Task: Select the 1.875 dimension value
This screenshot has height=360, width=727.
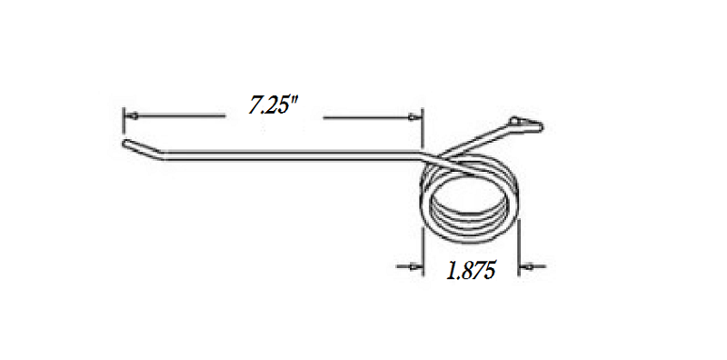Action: [470, 271]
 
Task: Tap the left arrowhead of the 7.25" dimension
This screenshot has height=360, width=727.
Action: [129, 116]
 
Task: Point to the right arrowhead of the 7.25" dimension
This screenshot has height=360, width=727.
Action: [416, 116]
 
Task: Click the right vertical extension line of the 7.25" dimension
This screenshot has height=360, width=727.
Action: [423, 127]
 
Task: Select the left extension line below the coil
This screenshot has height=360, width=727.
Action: [424, 245]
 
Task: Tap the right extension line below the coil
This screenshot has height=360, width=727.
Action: [518, 245]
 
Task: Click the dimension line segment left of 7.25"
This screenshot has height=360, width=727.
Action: [177, 116]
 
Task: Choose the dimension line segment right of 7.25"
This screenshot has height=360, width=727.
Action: [368, 116]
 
